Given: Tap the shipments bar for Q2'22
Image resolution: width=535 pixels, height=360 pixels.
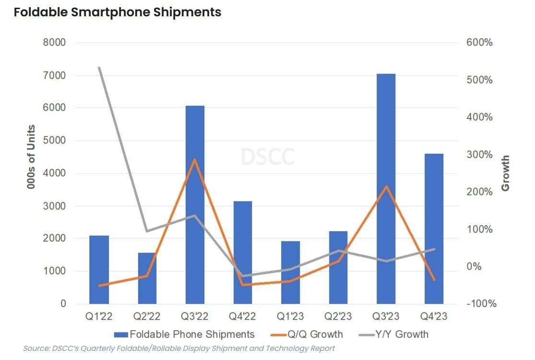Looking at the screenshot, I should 147,278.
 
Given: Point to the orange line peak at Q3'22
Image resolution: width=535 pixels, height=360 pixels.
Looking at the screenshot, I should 194,159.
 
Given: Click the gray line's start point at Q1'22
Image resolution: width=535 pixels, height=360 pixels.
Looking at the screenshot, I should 99,68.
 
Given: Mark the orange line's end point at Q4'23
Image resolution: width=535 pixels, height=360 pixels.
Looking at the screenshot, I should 434,280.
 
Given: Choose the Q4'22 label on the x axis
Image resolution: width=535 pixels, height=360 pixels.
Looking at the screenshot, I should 242,317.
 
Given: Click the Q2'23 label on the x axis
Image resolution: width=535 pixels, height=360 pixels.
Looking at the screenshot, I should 338,317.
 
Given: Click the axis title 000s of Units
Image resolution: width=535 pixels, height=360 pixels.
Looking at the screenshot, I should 32,157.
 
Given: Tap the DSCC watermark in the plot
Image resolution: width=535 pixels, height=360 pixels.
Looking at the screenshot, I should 268,156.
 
